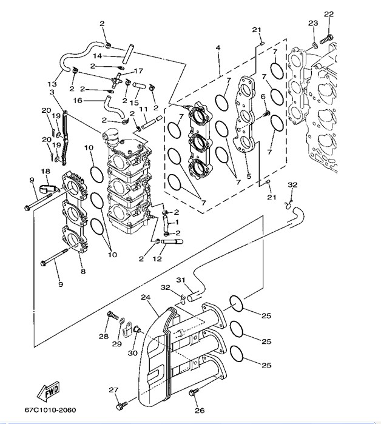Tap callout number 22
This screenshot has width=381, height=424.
tap(328, 13)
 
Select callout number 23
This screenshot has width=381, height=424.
tap(312, 24)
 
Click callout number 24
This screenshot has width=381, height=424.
tap(145, 298)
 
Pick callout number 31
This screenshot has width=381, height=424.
tap(180, 280)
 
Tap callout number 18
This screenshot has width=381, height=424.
tap(46, 172)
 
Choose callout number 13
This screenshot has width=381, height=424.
tap(52, 84)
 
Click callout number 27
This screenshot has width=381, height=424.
tap(113, 390)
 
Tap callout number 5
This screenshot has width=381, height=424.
tap(248, 177)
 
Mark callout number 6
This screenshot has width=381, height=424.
tap(263, 96)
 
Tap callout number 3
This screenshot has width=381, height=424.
tap(52, 92)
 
